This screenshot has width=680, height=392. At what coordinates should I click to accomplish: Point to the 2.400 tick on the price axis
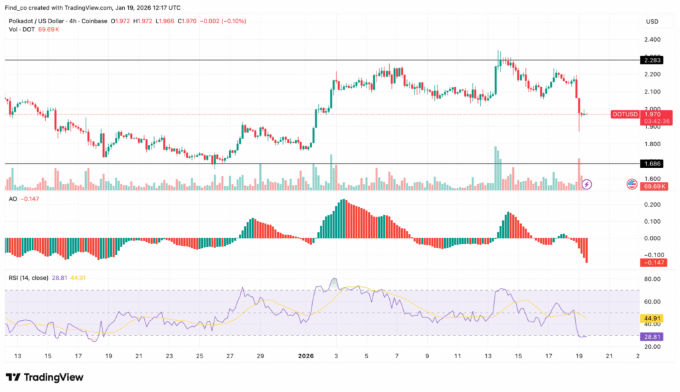tap(651, 39)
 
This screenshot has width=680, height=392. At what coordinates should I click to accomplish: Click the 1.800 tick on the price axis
tap(651, 144)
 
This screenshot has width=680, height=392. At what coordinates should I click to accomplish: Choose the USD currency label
tap(651, 22)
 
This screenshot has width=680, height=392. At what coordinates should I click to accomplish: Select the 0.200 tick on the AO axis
tap(651, 205)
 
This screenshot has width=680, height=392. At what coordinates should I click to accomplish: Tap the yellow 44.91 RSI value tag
tap(650, 318)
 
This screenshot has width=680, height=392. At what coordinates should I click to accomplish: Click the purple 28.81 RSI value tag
tap(650, 337)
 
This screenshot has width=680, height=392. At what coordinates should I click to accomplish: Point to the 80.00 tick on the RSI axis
tap(651, 279)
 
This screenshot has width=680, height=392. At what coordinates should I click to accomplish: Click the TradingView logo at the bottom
tap(44, 377)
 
